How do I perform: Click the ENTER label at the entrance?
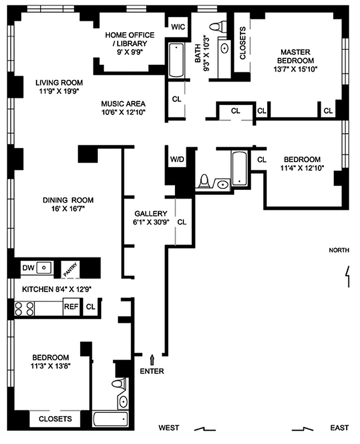coord(152,371)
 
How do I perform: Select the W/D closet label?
coord(177,159)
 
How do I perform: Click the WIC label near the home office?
coord(178,27)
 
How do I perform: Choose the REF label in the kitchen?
coord(70,306)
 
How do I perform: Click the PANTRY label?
coord(69,269)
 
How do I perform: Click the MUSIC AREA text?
coord(123,104)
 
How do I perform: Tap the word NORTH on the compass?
coord(339,250)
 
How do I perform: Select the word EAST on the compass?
coord(339,428)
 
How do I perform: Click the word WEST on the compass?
coord(169,428)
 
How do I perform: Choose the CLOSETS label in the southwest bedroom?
coord(55,419)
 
